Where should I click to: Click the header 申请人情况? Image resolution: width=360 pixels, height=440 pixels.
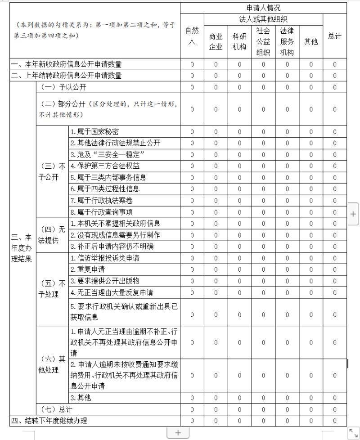263,8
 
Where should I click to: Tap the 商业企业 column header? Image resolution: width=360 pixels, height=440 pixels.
216,42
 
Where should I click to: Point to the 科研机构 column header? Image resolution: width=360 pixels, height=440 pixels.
239,42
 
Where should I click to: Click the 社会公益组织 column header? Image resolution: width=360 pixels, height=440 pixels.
263,41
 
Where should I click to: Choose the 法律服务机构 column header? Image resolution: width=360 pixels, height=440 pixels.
287,41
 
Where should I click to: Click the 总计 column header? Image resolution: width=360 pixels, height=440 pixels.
334,36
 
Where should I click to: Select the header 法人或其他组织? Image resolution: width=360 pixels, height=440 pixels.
263,19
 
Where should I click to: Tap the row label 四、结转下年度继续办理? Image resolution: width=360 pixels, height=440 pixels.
49,421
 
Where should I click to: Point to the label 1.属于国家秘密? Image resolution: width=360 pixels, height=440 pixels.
94,132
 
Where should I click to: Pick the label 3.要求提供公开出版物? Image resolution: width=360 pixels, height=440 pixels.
101,281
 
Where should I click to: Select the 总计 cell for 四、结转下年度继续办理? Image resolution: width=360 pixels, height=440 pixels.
334,421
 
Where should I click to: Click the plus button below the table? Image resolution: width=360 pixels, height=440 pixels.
178,432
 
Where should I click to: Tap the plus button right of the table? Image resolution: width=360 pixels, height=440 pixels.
354,215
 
